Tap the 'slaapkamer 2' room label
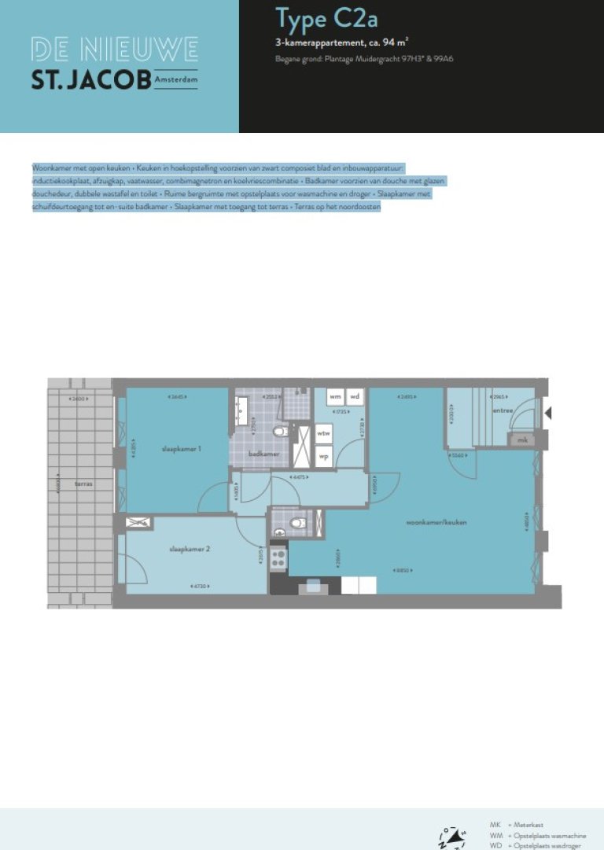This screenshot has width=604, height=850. click(190, 549)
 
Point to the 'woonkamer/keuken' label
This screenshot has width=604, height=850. click(432, 521)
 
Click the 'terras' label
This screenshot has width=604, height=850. click(83, 484)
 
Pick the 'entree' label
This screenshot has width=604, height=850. click(502, 410)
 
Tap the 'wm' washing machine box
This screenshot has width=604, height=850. click(335, 396)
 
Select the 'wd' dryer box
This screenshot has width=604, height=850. click(355, 396)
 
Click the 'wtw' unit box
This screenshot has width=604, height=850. click(323, 433)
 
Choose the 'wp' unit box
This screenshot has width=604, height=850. click(323, 455)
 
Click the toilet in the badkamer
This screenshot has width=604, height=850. click(278, 432)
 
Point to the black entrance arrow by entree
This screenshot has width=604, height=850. click(550, 413)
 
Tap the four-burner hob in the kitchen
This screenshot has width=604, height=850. click(278, 559)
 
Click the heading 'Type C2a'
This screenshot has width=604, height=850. click(311, 17)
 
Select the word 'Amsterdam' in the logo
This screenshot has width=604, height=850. click(176, 80)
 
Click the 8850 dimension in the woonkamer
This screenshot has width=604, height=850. click(403, 572)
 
